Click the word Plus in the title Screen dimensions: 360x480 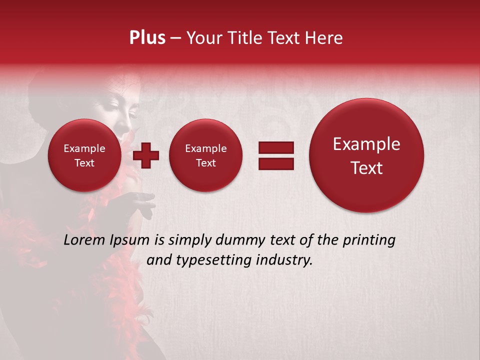(147, 38)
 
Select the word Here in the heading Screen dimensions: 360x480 (323, 38)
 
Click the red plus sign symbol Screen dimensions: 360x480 (146, 155)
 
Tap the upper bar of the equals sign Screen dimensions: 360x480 (275, 147)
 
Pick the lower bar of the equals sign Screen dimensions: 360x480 (275, 163)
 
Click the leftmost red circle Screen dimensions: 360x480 (84, 155)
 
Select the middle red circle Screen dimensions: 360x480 (205, 155)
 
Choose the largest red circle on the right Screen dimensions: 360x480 (366, 155)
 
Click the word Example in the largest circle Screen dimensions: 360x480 (366, 144)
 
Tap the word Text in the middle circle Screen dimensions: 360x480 (205, 163)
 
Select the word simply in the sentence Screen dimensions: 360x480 (192, 240)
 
